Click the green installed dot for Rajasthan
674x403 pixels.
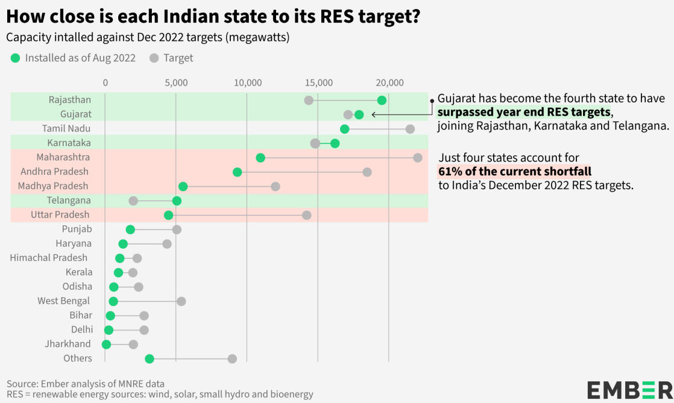tap(382, 100)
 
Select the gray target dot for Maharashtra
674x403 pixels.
tap(418, 158)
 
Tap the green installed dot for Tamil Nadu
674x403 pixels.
tap(345, 129)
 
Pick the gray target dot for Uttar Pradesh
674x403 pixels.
tap(306, 215)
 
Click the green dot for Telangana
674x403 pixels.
tap(177, 201)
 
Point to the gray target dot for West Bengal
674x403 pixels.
tap(181, 301)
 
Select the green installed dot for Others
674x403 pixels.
tap(150, 359)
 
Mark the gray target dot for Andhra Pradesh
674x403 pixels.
tap(367, 172)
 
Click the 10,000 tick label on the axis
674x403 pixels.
tap(247, 83)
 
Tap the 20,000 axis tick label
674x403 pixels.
tap(389, 83)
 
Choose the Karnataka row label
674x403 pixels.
tap(69, 143)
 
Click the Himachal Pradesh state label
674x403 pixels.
tap(49, 258)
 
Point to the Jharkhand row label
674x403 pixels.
tap(68, 344)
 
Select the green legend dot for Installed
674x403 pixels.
tap(15, 58)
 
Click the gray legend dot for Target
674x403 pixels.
tap(154, 58)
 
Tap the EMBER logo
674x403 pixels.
tap(629, 389)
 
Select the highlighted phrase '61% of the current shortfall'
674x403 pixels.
tap(515, 172)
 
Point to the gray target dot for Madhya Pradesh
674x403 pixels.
tap(276, 186)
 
